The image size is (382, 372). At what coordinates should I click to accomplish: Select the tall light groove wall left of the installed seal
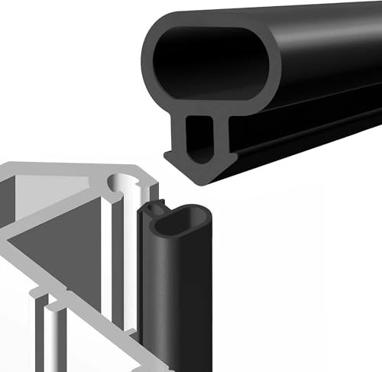(x=127, y=267)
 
